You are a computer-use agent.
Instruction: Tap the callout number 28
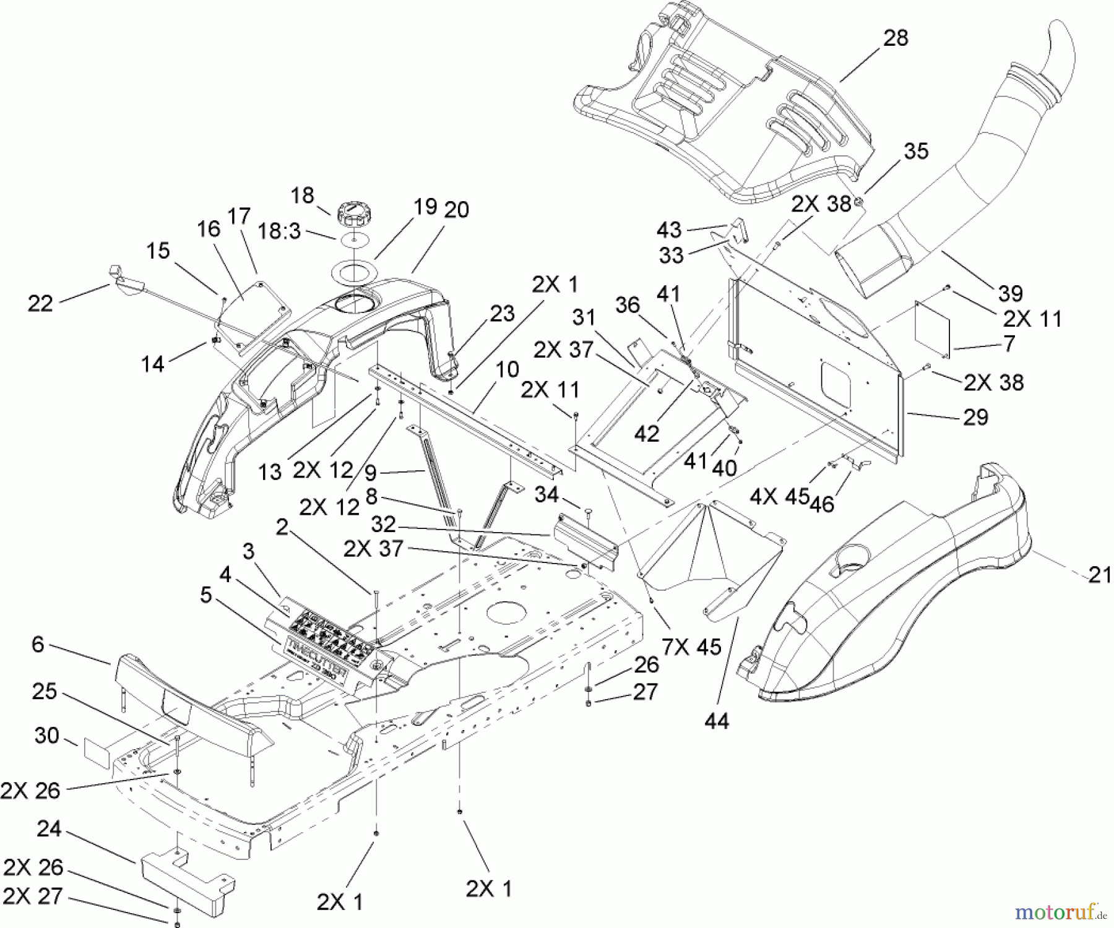896,38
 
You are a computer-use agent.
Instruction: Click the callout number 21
1100,575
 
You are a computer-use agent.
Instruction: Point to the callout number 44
716,721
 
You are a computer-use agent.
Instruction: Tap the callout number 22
40,303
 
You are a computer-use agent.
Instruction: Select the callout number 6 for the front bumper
38,645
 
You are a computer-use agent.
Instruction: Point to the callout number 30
47,736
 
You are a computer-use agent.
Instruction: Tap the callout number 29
975,417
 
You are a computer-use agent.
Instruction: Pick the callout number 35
916,152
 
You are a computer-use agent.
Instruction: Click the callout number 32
384,525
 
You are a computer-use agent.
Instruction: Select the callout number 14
152,364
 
